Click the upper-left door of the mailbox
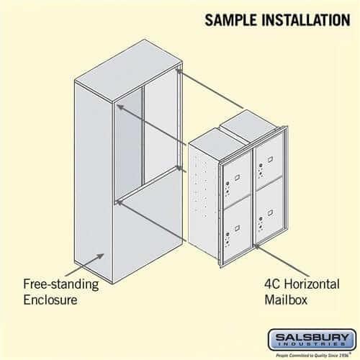pos(235,180)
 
